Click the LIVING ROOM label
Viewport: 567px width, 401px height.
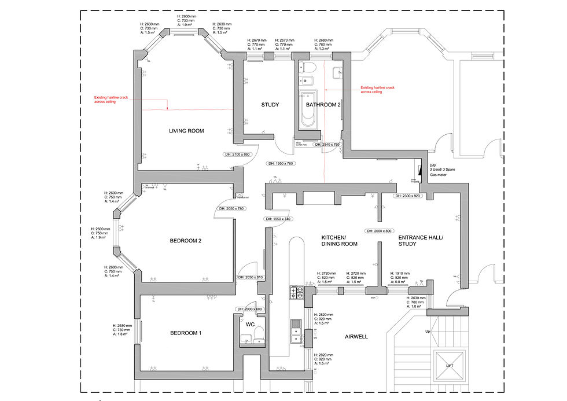pyautogui.click(x=186, y=131)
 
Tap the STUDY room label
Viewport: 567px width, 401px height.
pyautogui.click(x=270, y=105)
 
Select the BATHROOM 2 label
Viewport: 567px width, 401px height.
pyautogui.click(x=323, y=105)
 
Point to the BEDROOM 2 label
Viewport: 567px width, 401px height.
pyautogui.click(x=185, y=241)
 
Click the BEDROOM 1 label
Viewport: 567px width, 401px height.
pyautogui.click(x=186, y=333)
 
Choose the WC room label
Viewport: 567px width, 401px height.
pyautogui.click(x=250, y=325)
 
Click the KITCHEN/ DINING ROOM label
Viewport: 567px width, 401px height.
pyautogui.click(x=339, y=241)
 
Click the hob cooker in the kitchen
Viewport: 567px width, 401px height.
pyautogui.click(x=296, y=292)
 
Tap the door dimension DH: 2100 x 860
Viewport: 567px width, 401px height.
pyautogui.click(x=237, y=154)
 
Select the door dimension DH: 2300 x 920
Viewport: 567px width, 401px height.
pyautogui.click(x=408, y=196)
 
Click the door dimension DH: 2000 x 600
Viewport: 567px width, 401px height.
pyautogui.click(x=249, y=309)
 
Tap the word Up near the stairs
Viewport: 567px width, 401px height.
pyautogui.click(x=428, y=332)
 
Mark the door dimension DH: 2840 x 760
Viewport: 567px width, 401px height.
pyautogui.click(x=327, y=144)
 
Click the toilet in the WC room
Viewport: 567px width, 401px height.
pyautogui.click(x=259, y=332)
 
